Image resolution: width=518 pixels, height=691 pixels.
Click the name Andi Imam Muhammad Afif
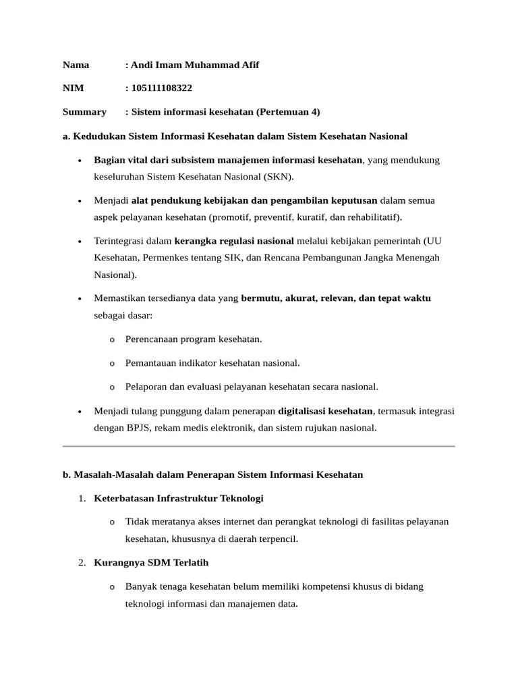pyautogui.click(x=195, y=65)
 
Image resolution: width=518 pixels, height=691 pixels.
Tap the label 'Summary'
pyautogui.click(x=84, y=112)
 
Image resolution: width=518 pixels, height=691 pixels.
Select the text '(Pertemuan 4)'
pyautogui.click(x=289, y=112)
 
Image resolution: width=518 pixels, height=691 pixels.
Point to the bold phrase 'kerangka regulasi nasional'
pyautogui.click(x=234, y=241)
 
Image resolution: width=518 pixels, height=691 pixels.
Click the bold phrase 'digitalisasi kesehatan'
pyautogui.click(x=325, y=411)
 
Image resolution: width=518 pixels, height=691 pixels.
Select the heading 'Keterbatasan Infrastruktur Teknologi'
pyautogui.click(x=179, y=499)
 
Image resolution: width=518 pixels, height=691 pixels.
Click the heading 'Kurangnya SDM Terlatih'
pyautogui.click(x=151, y=563)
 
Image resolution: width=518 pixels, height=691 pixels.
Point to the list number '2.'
pyautogui.click(x=82, y=563)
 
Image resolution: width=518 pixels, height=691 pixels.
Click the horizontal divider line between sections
pyautogui.click(x=259, y=446)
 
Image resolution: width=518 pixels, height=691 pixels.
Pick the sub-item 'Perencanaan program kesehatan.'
pyautogui.click(x=194, y=339)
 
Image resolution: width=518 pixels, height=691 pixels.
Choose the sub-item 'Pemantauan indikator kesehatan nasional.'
pyautogui.click(x=212, y=363)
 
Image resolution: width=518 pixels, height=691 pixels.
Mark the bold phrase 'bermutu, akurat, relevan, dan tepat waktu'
pyautogui.click(x=336, y=298)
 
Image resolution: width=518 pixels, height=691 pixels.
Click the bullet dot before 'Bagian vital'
pyautogui.click(x=80, y=161)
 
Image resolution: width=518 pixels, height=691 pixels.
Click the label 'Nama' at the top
pyautogui.click(x=76, y=65)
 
